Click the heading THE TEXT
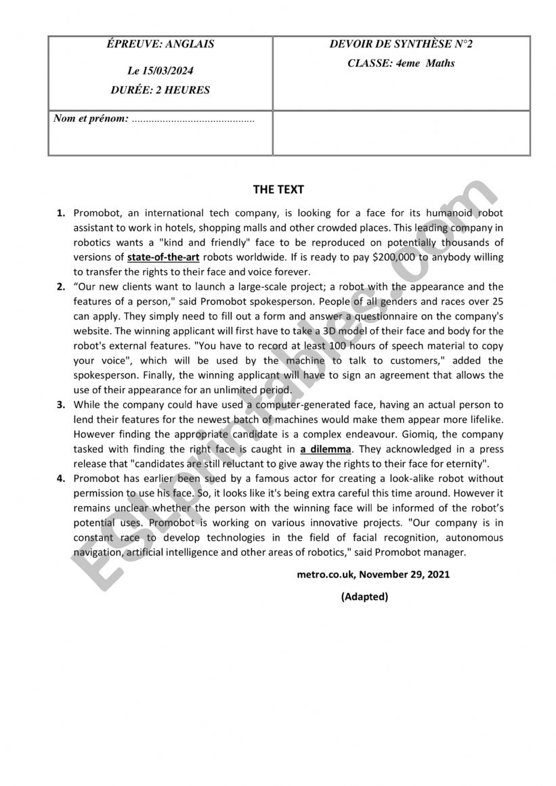point(278,190)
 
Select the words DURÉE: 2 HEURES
point(161,89)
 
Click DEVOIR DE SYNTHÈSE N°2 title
point(401,45)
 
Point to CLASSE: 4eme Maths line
point(401,63)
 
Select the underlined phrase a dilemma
point(326,449)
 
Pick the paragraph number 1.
point(61,213)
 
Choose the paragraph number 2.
point(61,286)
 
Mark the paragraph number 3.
point(61,405)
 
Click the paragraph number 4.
point(61,478)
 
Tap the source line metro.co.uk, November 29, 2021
point(373,574)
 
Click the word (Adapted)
point(364,596)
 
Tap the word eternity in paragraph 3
point(465,464)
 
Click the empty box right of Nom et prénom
point(401,133)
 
